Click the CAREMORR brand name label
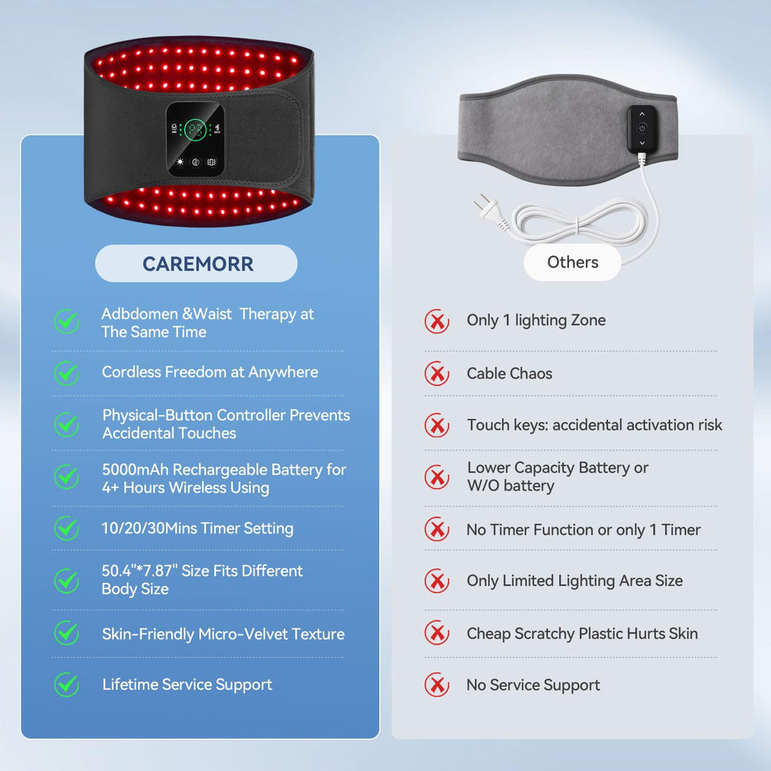[197, 264]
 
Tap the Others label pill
[572, 262]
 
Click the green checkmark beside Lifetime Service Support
[66, 684]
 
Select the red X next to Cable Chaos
[436, 373]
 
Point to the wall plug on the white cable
[490, 210]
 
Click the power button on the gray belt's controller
[641, 128]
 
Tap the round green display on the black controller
[195, 130]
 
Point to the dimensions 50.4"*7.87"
[139, 571]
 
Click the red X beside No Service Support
[436, 685]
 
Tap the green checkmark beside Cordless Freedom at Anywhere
[66, 373]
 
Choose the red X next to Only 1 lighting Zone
[436, 321]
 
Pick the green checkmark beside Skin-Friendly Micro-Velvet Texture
[66, 633]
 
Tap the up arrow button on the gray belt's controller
[641, 114]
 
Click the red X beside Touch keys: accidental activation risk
[436, 426]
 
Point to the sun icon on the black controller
[180, 162]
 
